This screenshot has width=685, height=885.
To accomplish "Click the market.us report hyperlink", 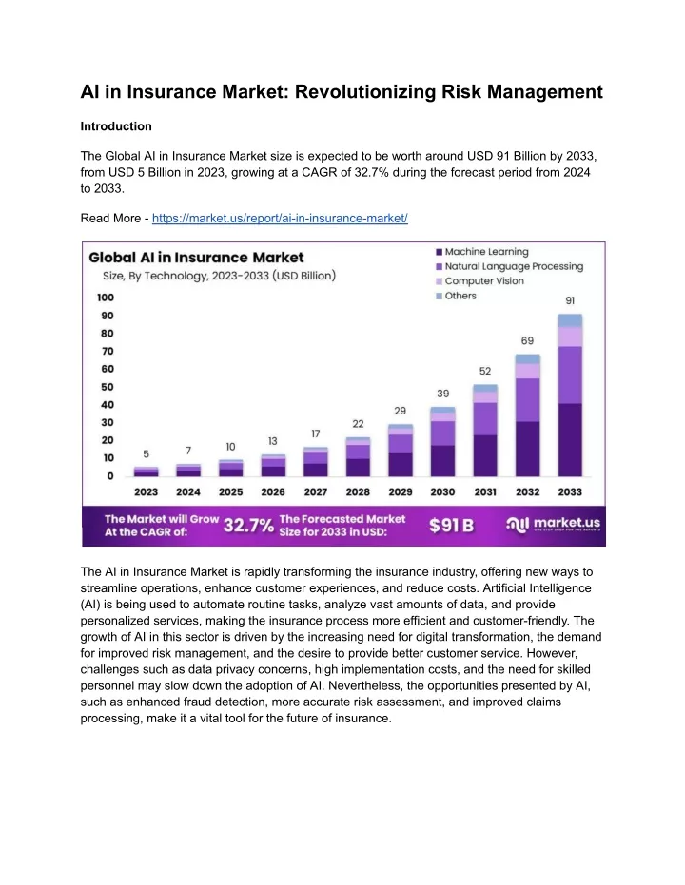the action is click(280, 219).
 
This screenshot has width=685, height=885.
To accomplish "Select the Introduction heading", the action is click(116, 126).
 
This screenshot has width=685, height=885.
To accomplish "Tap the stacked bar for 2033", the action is click(570, 395).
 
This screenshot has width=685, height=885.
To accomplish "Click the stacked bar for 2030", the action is click(442, 441).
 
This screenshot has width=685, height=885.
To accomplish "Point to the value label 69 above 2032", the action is click(527, 341).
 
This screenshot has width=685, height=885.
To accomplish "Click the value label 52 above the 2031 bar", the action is click(485, 371).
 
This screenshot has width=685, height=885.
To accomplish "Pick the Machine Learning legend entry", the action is click(482, 252).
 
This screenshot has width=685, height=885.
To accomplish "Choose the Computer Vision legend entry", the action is click(480, 281).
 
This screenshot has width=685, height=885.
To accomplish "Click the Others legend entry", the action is click(457, 296).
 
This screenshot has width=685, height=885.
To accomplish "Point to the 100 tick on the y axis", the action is click(106, 298).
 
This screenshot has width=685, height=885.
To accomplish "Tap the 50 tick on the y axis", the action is click(108, 387).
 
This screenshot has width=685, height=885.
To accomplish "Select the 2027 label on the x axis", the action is click(316, 492).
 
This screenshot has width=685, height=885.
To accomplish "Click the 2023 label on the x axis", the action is click(146, 492).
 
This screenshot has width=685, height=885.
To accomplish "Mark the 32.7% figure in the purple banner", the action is click(248, 526).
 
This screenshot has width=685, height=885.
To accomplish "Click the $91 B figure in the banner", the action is click(451, 526).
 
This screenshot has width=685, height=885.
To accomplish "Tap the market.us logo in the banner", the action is click(553, 525).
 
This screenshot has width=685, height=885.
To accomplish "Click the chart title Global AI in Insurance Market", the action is click(196, 258).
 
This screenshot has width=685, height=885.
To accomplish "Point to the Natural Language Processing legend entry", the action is click(509, 266).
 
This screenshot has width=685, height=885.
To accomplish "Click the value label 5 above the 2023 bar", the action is click(147, 454).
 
